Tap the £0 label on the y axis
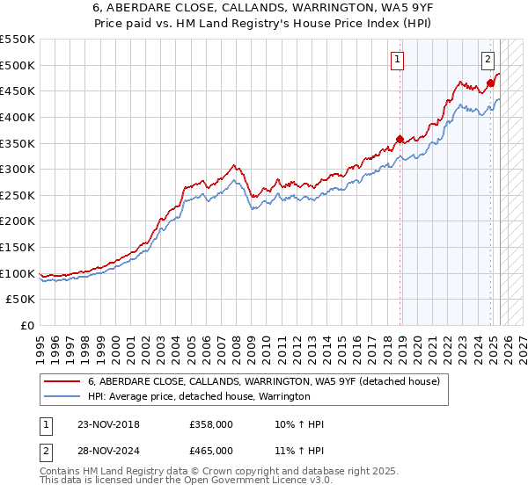(x=26, y=325)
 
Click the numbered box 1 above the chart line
(x=398, y=60)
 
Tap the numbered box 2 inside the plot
(x=488, y=60)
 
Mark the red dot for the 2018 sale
(x=400, y=139)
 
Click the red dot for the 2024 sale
(x=491, y=83)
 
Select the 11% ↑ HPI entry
(x=299, y=451)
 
